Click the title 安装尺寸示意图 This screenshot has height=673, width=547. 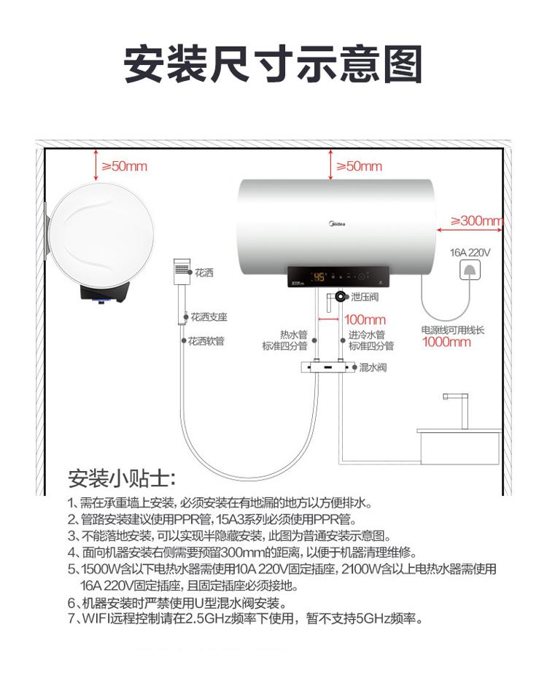273,64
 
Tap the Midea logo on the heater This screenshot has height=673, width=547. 337,224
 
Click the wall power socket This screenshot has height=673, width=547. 470,270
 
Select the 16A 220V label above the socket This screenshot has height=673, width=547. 470,252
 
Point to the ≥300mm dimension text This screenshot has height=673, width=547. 476,221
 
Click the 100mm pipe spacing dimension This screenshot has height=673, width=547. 365,319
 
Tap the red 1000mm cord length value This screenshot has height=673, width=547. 446,342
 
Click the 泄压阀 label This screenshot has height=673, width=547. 365,297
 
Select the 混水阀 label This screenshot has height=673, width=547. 373,367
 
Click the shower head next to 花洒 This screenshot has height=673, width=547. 181,272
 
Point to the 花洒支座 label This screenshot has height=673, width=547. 209,317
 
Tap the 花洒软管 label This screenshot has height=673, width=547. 206,341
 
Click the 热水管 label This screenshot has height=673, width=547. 294,335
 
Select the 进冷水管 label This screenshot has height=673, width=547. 366,335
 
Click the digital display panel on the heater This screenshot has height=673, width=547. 338,277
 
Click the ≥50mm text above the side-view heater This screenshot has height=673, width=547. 124,166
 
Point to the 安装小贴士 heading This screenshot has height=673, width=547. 122,478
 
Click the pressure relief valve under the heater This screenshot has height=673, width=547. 341,296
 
